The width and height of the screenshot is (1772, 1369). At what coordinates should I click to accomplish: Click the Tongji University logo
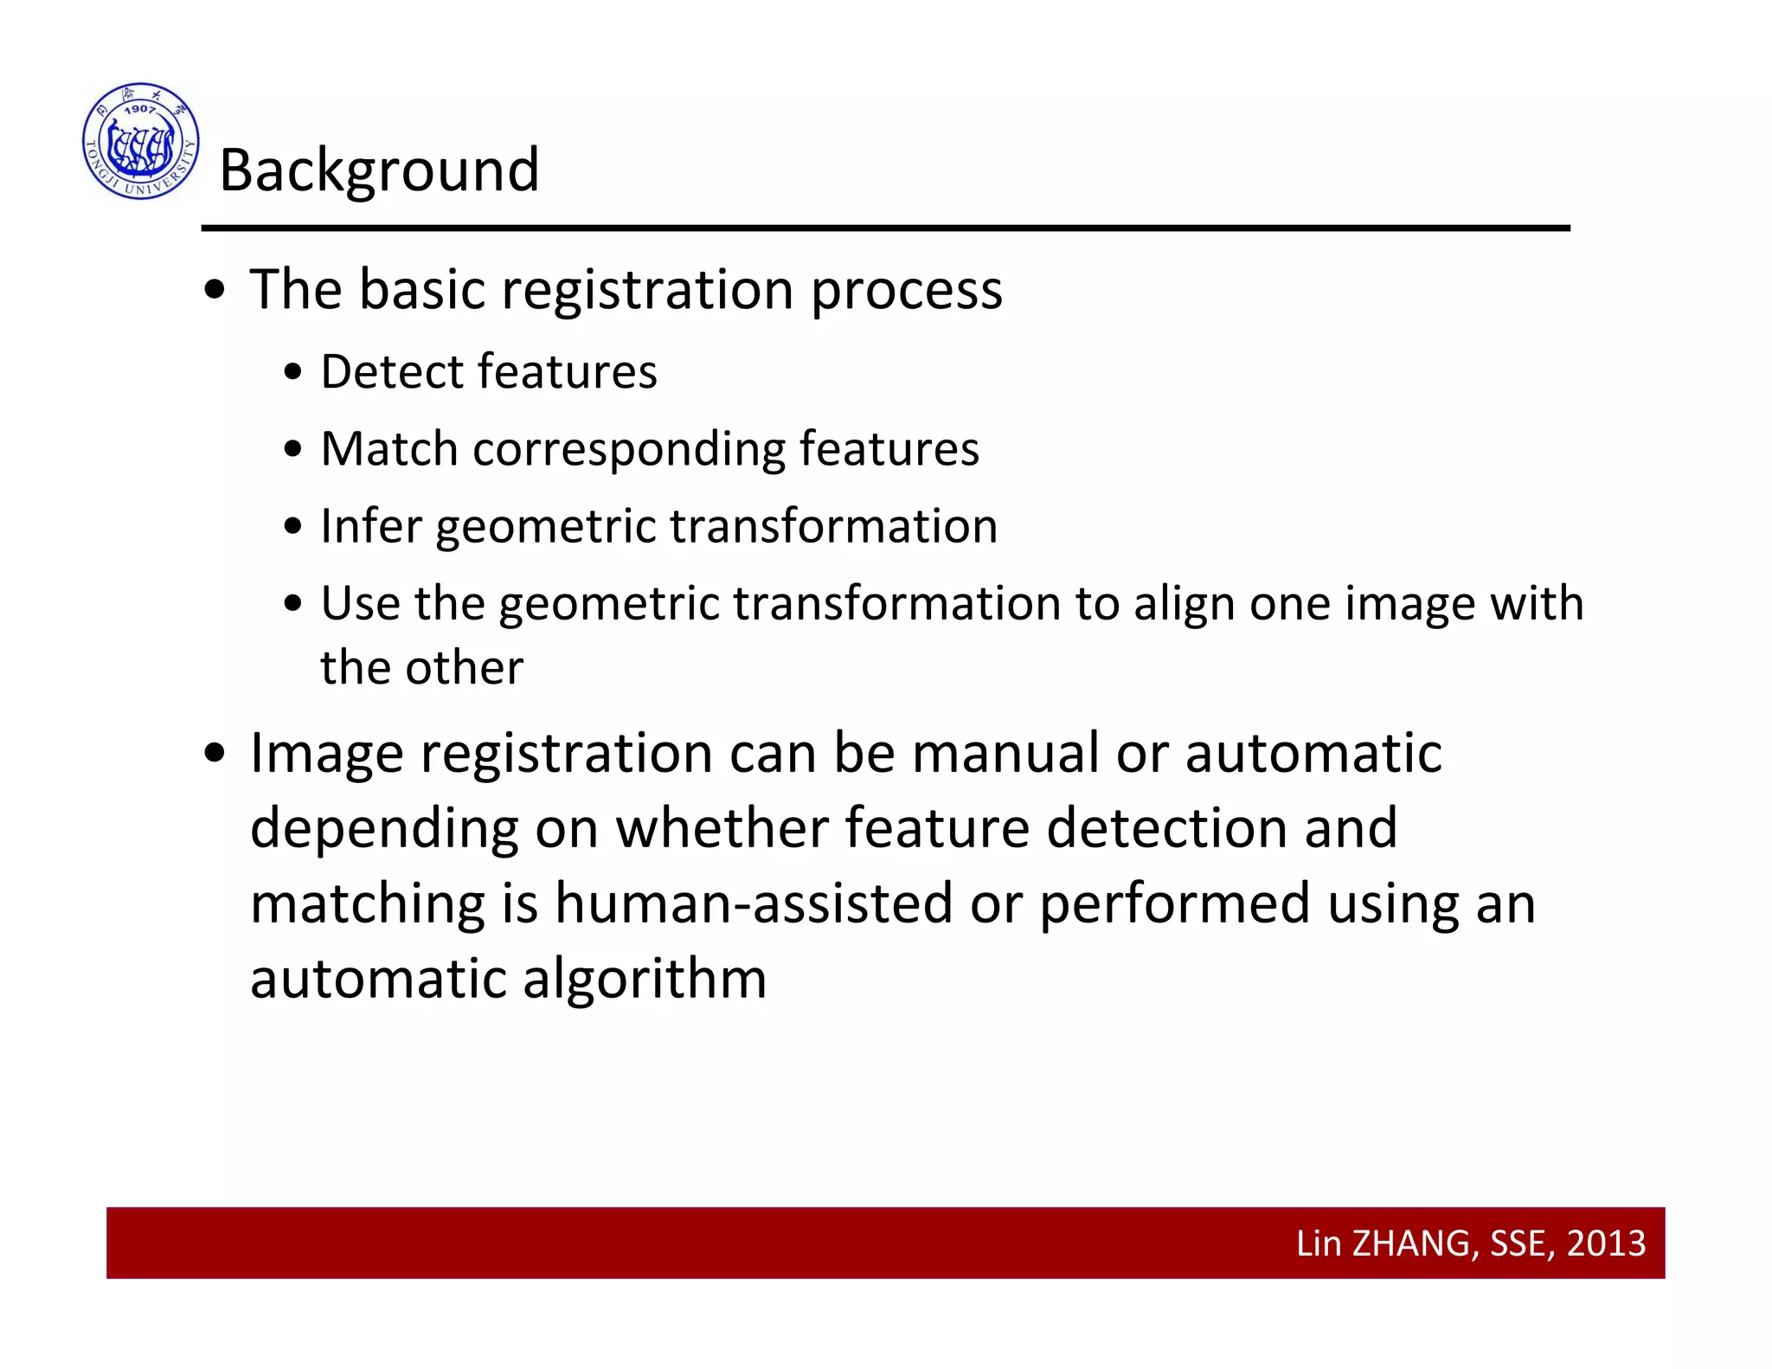141,141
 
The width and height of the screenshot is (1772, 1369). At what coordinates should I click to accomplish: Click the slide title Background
379,170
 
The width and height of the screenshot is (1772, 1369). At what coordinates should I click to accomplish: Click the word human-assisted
753,904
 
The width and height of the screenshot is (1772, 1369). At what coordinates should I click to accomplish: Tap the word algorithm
645,980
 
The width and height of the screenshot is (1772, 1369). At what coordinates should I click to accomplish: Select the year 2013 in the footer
1606,1244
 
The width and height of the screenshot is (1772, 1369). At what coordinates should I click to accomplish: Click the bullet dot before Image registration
215,754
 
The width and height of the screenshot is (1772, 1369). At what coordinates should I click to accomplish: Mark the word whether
722,828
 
